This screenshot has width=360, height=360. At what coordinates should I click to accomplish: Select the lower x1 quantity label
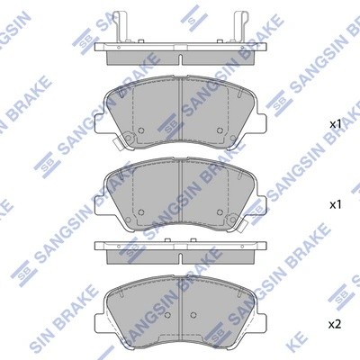point(336,205)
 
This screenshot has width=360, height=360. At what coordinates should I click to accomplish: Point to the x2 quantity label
point(336,323)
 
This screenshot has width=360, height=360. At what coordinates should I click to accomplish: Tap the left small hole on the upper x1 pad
point(129,139)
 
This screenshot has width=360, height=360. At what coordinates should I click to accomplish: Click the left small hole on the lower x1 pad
point(142,212)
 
